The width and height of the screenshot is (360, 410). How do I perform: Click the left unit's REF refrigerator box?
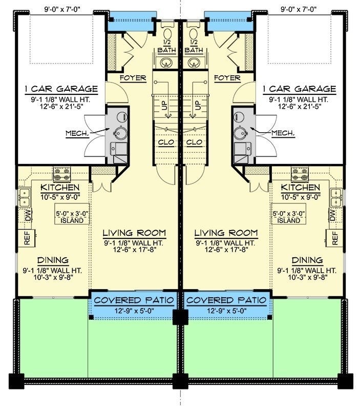(27, 238)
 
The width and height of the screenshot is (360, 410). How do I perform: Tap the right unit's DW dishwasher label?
(332, 215)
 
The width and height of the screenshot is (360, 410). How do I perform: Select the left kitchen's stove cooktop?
(62, 174)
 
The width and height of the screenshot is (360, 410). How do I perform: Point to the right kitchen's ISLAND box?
(288, 214)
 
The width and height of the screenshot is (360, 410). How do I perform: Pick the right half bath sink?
(194, 62)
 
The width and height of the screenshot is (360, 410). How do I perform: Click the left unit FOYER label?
(133, 78)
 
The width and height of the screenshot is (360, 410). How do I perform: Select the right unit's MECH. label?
(283, 133)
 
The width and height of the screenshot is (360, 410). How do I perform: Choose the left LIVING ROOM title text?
(134, 233)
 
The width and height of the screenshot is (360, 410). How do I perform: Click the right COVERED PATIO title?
(226, 300)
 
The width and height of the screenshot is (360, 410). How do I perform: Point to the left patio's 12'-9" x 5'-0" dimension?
(134, 311)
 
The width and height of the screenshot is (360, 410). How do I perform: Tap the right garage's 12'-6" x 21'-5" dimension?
(300, 107)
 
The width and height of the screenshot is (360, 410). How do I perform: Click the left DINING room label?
(53, 260)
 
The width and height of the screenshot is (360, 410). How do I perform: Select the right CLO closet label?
(194, 142)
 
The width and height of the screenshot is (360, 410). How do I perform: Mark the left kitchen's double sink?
(25, 197)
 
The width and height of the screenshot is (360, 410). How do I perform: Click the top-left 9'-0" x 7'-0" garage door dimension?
(62, 9)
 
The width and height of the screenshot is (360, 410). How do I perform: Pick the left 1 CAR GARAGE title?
(61, 89)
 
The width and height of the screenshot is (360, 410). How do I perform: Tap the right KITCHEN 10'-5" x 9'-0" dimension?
(301, 197)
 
